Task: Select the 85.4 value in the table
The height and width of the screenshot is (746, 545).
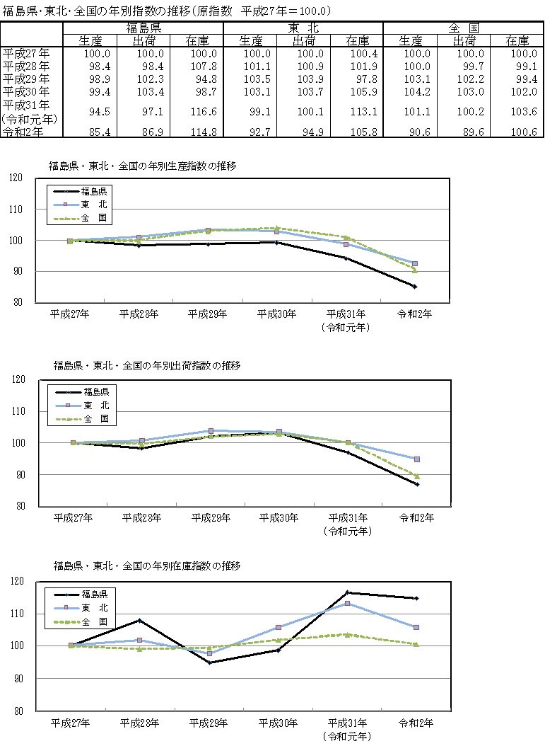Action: click(95, 132)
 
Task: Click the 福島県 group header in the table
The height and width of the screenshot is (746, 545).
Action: click(143, 28)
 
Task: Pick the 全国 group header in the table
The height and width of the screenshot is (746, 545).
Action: click(462, 28)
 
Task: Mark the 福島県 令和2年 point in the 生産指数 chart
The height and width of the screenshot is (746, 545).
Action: click(414, 287)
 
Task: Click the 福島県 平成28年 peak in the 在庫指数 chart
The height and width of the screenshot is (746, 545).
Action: click(139, 621)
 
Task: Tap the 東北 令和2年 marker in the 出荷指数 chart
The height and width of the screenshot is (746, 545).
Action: click(417, 459)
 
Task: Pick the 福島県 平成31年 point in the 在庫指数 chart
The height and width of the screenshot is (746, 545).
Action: click(347, 592)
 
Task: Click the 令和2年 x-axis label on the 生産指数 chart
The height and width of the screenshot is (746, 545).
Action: click(414, 314)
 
